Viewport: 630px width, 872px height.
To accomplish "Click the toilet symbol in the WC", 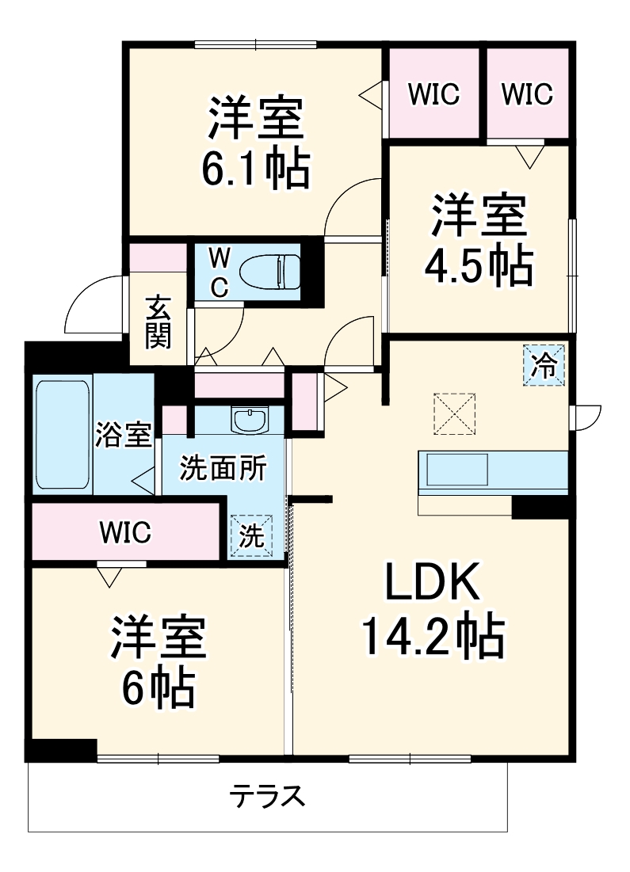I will click(269, 270).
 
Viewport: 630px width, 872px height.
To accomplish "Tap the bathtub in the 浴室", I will click(62, 436).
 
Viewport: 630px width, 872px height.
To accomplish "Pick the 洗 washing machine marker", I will click(251, 537).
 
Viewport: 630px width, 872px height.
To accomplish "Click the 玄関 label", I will click(158, 322).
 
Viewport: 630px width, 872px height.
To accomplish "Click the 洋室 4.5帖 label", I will click(479, 242).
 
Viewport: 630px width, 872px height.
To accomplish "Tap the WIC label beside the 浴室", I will click(125, 533).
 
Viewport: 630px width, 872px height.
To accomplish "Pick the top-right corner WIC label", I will click(527, 94).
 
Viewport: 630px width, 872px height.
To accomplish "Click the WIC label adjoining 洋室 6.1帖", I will click(433, 94).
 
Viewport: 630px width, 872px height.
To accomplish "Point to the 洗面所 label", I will click(211, 467).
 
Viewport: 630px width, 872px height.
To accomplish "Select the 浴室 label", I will click(124, 435).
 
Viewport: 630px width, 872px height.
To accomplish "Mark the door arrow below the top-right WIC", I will click(529, 155).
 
